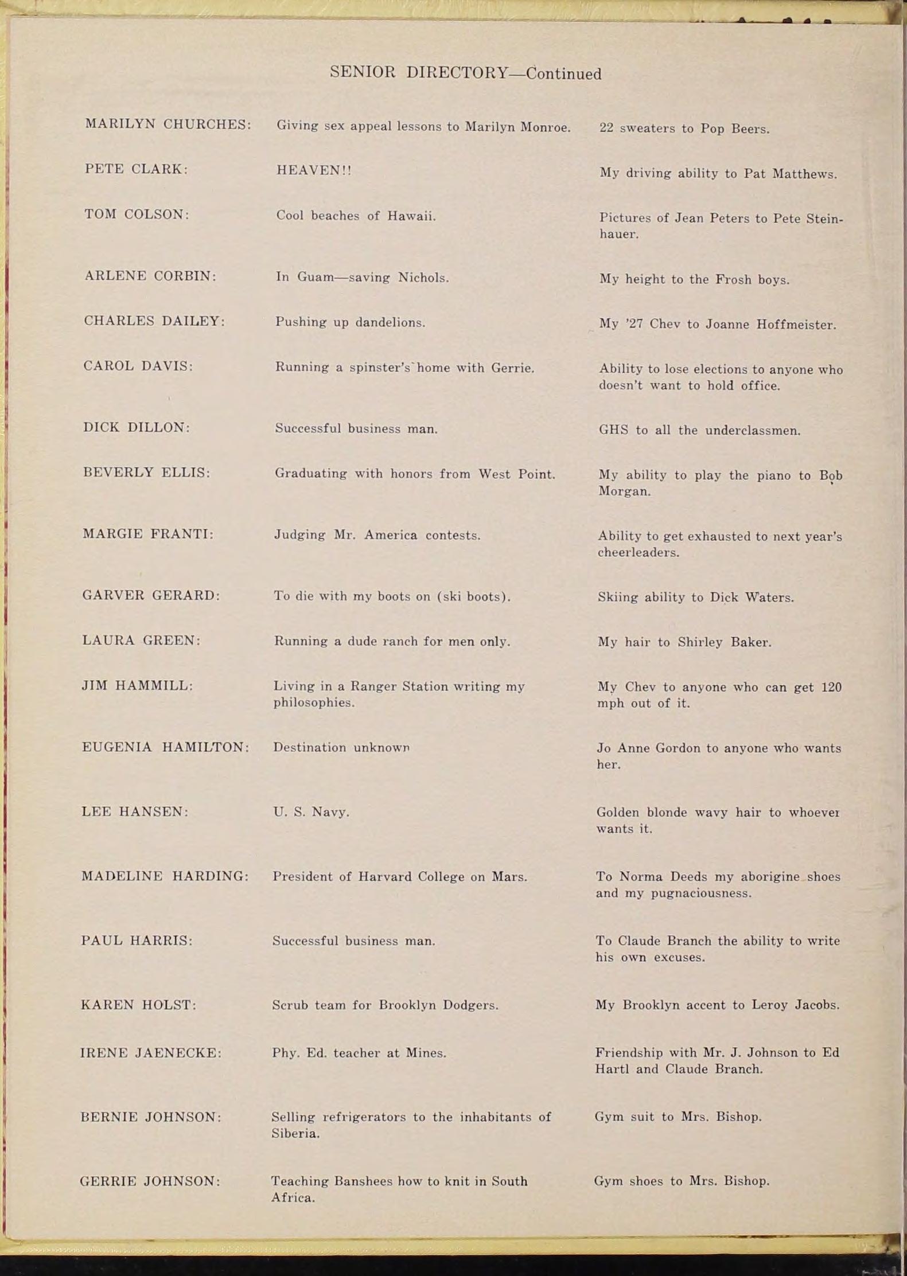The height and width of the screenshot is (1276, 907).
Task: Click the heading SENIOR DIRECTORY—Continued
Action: coord(465,73)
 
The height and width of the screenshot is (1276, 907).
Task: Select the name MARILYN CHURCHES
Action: coord(168,124)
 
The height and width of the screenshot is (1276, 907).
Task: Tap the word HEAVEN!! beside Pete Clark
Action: coord(314,170)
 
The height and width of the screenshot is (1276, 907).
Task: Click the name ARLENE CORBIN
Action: coord(150,276)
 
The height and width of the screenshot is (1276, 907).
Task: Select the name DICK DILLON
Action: coord(136,427)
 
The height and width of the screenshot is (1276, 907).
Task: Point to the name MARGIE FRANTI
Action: coord(147,534)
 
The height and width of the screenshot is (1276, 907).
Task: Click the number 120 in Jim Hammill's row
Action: coord(831,687)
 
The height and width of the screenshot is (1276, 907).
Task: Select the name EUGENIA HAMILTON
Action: coord(165,747)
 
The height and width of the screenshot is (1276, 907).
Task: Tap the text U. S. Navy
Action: coord(311,812)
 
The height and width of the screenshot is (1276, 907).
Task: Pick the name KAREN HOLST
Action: coord(138,1005)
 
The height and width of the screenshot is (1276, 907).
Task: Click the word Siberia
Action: coord(295,1133)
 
